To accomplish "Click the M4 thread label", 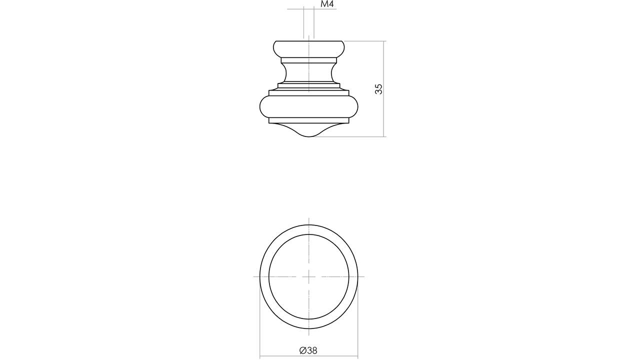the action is pyautogui.click(x=327, y=4).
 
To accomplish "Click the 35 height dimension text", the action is pyautogui.click(x=378, y=89).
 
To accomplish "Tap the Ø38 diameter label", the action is pyautogui.click(x=308, y=350).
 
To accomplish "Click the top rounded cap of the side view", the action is pyautogui.click(x=309, y=49).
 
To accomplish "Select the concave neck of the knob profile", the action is pyautogui.click(x=309, y=73).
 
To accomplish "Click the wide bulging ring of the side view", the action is pyautogui.click(x=309, y=107).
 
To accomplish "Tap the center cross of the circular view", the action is pyautogui.click(x=309, y=276).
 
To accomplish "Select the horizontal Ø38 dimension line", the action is pyautogui.click(x=309, y=356).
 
